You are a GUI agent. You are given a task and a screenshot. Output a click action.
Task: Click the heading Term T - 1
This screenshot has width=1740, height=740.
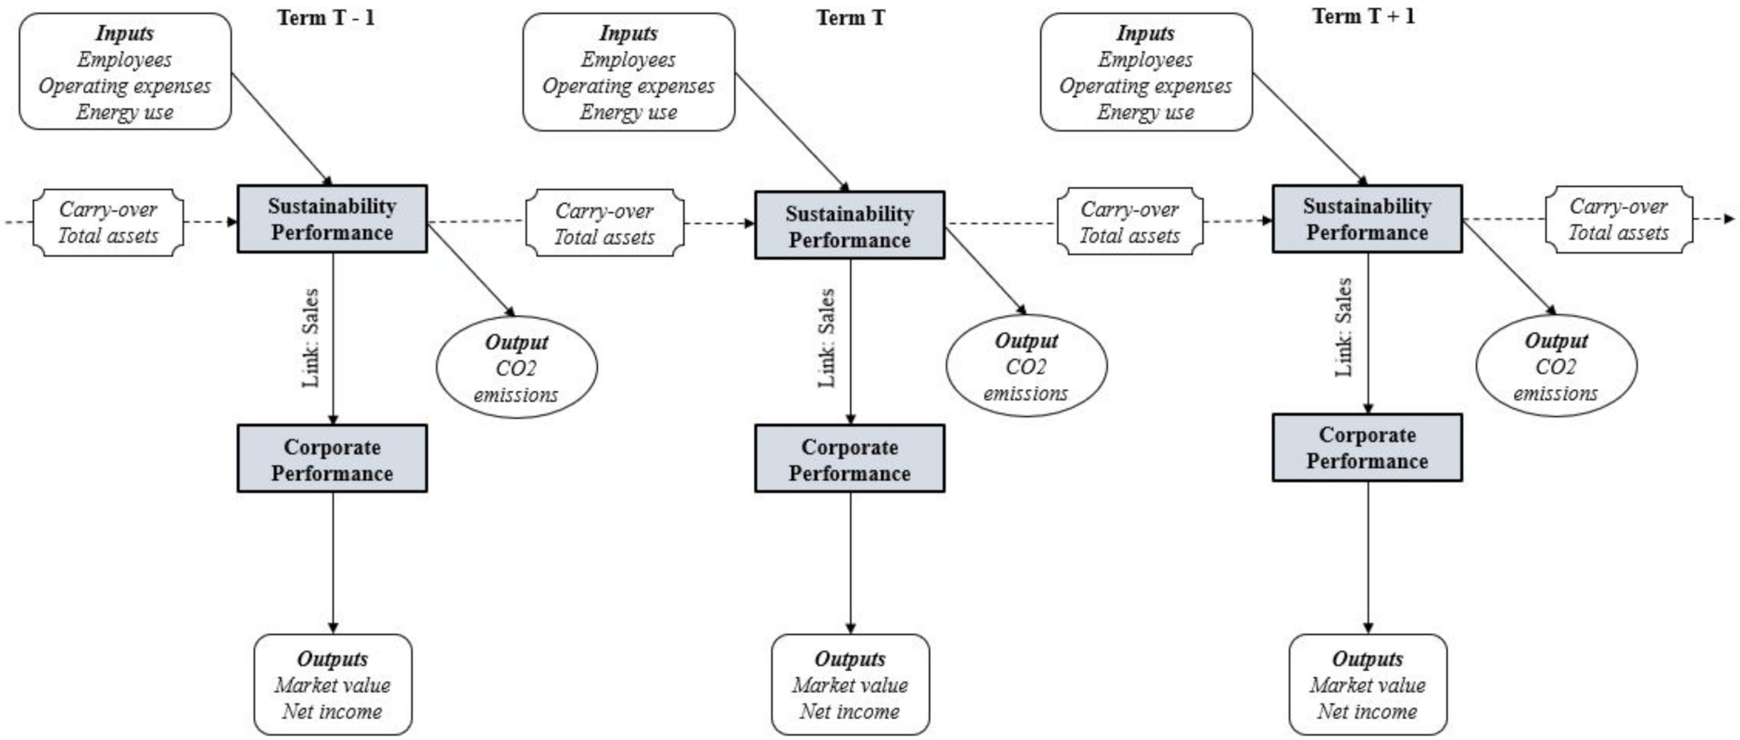[326, 17]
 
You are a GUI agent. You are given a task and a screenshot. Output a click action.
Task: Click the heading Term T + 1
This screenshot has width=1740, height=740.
[1363, 16]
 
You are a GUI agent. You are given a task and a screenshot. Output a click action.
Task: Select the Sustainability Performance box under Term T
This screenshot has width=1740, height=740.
[849, 225]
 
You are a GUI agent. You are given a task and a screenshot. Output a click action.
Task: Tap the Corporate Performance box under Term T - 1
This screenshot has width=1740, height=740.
[332, 459]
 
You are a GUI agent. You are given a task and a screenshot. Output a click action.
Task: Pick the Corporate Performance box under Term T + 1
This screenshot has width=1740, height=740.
[1367, 447]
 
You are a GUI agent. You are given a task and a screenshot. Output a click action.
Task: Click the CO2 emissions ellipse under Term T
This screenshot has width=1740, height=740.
[1026, 366]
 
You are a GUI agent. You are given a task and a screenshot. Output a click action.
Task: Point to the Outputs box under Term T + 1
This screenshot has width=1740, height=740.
[1367, 684]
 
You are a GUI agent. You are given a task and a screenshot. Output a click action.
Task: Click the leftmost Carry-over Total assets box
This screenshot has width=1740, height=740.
[108, 222]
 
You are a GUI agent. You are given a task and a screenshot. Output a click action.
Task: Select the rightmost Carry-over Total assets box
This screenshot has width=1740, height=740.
[1618, 220]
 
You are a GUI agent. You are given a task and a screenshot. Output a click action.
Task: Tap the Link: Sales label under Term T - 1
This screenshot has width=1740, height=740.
[311, 337]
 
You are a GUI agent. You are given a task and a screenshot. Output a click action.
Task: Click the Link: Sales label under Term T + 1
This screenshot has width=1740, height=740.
[1344, 327]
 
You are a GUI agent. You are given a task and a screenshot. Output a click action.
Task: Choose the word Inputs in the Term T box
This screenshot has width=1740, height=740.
[628, 34]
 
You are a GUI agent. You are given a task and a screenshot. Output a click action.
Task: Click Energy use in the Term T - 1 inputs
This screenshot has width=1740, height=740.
[125, 112]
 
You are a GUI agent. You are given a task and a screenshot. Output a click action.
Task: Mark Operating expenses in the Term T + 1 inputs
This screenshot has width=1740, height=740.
[1145, 86]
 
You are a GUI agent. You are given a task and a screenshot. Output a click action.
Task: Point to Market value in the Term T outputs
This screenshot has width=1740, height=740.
[849, 685]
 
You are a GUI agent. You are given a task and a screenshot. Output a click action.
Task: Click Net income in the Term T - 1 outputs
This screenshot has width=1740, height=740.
[332, 711]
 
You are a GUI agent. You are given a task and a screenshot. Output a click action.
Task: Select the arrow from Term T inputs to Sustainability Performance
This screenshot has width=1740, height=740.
[791, 131]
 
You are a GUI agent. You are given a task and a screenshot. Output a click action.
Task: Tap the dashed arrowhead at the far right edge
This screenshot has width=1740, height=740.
[1729, 219]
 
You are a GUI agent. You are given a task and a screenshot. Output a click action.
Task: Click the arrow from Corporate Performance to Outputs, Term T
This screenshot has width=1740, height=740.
[850, 563]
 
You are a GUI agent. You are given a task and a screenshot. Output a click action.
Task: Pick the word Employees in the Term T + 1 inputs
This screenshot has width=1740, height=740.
[1145, 59]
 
